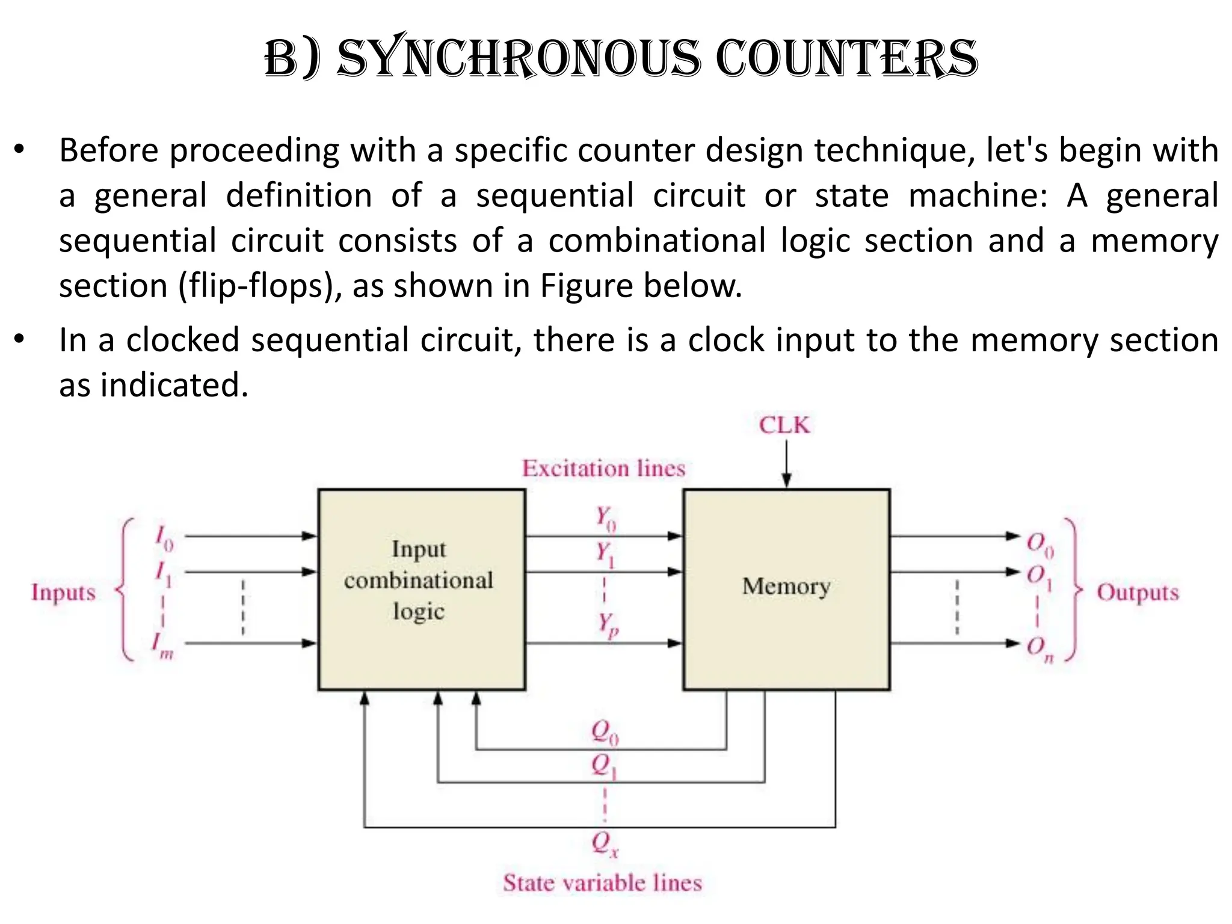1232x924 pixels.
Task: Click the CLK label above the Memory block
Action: pos(784,425)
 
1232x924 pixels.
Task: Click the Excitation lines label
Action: pos(603,469)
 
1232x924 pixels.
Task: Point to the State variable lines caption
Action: pos(603,883)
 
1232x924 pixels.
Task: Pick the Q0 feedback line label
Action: pos(604,732)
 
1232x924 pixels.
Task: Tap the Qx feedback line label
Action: pos(604,843)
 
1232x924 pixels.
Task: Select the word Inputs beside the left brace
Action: pos(63,593)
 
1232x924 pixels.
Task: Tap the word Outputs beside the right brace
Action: pos(1137,593)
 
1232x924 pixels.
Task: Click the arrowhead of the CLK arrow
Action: pos(786,480)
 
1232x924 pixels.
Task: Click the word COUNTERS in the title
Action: pos(847,59)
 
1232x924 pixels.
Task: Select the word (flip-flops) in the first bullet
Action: pos(259,286)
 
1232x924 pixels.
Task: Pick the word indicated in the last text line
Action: pos(174,385)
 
